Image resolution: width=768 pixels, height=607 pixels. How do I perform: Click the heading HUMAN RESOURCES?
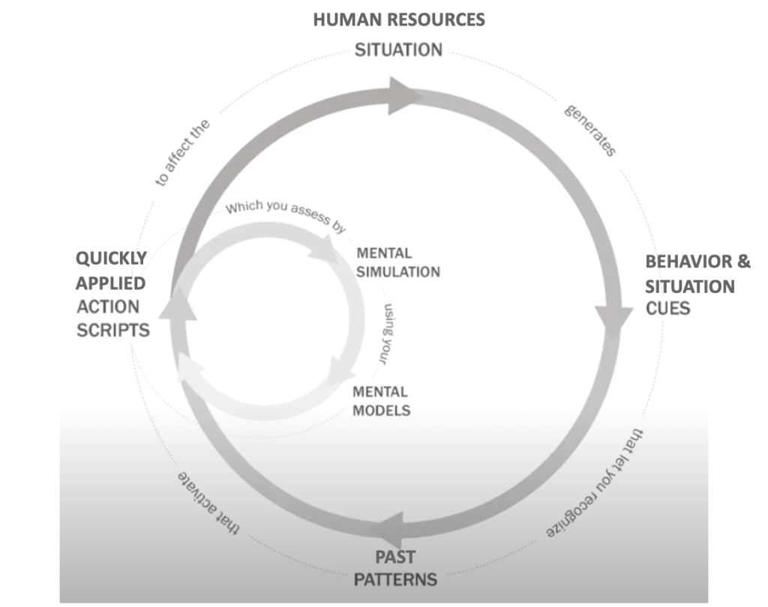click(x=399, y=19)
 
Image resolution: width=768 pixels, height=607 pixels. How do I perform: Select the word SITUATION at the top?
click(x=398, y=50)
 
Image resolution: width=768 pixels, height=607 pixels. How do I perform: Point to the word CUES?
click(x=667, y=308)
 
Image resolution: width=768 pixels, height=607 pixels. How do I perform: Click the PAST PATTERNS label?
click(x=395, y=568)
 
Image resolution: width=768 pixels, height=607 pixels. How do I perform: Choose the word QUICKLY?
click(x=111, y=259)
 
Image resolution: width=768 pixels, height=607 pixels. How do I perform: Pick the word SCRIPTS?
click(x=112, y=330)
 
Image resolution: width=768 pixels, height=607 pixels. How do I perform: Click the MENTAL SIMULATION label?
click(x=398, y=262)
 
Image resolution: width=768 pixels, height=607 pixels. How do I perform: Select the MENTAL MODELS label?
click(x=381, y=400)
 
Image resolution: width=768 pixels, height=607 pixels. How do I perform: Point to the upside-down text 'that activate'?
click(x=208, y=504)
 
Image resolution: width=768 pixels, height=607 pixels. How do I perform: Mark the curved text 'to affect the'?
click(x=183, y=151)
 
